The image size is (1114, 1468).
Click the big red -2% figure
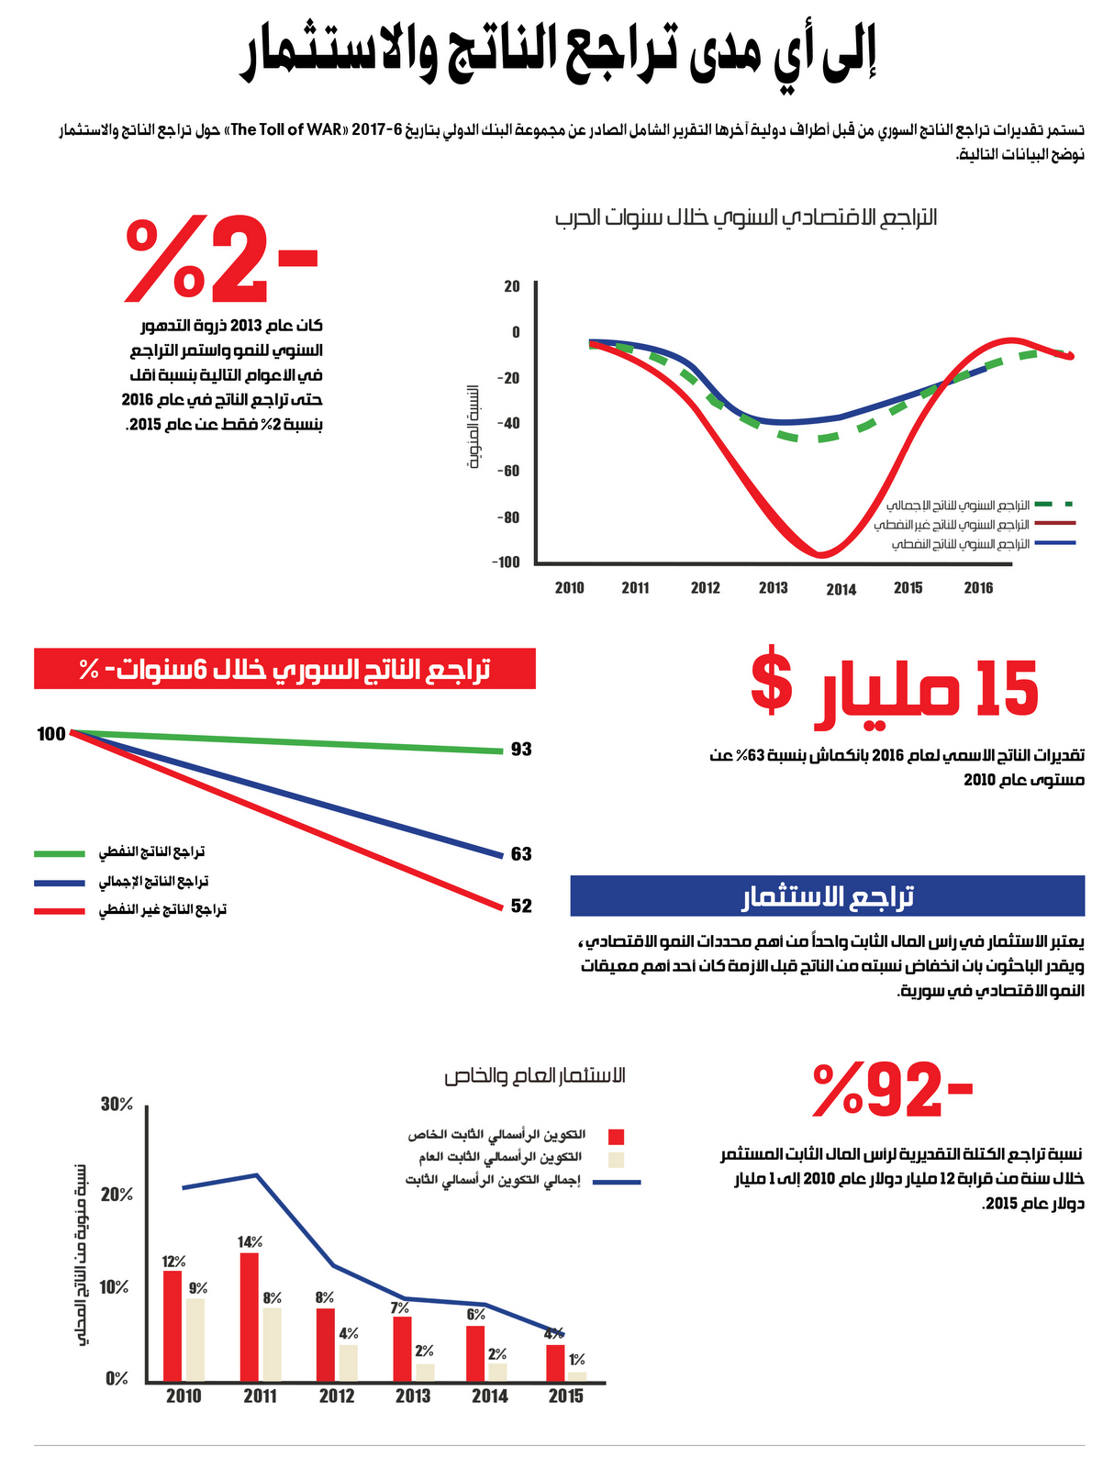pos(221,258)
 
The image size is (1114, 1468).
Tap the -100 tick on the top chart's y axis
pos(507,562)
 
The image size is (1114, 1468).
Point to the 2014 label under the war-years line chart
pos(841,589)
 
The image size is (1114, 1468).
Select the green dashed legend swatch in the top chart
pos(1054,504)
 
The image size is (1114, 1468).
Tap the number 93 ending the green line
pos(521,749)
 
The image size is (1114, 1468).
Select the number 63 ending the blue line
pos(521,853)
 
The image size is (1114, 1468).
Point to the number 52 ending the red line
pos(521,906)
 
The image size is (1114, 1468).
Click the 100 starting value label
pos(51,734)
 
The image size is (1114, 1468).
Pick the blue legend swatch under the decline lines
pos(60,882)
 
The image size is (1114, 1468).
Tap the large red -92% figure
pos(892,1089)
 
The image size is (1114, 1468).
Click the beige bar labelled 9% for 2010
pos(195,1340)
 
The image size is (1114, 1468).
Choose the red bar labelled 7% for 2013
pos(403,1349)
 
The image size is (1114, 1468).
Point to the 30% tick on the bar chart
pos(117,1104)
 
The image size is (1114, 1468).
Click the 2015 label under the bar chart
pos(565,1397)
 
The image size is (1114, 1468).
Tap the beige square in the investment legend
pos(616,1159)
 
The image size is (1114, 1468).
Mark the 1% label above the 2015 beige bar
pos(576,1359)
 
